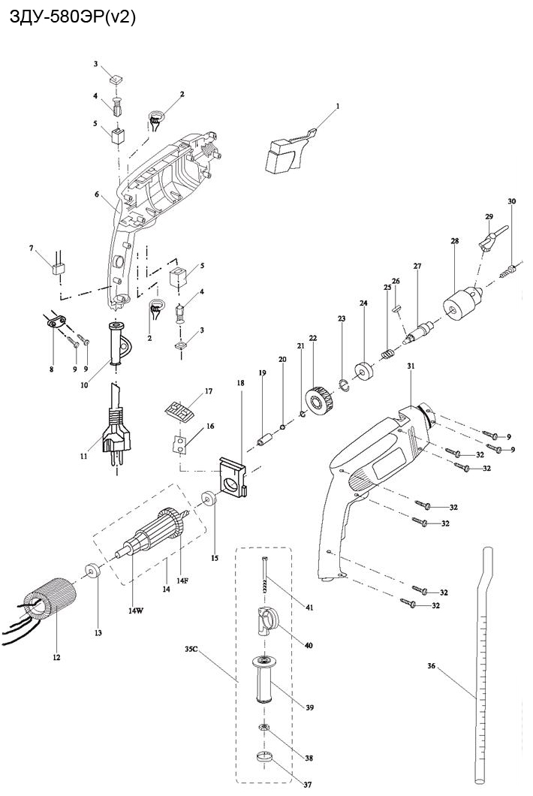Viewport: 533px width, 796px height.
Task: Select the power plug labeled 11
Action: (113, 436)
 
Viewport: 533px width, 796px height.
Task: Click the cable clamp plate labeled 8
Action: (54, 324)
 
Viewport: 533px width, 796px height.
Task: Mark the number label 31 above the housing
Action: (411, 366)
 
